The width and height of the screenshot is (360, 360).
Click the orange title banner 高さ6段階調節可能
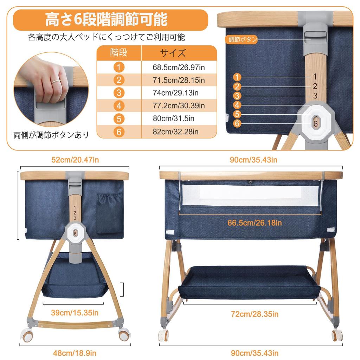110,20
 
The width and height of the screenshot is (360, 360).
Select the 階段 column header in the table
119,53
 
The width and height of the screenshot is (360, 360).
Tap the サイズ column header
173,53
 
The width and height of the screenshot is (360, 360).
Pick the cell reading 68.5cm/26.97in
179,67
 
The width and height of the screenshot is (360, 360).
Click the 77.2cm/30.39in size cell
179,105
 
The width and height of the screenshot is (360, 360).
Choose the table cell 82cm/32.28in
176,132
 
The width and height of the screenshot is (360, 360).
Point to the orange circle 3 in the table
119,93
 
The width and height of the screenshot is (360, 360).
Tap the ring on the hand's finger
56,81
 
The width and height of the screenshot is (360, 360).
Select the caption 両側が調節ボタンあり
51,135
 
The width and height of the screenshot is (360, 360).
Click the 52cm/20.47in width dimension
75,160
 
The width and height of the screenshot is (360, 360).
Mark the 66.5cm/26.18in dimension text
255,223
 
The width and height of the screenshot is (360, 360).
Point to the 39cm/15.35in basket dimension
75,313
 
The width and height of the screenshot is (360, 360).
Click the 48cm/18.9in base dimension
75,353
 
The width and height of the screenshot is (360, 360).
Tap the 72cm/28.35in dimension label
255,314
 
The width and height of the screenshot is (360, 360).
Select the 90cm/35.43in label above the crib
253,160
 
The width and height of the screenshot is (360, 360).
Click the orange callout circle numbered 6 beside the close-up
237,123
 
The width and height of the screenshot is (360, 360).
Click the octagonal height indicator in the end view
75,233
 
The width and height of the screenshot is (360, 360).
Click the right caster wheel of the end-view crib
124,335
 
